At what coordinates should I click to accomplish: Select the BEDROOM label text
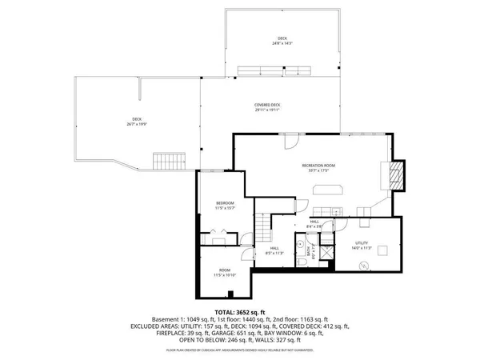click(225, 204)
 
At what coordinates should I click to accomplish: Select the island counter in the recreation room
click(328, 190)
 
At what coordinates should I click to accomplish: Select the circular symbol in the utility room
click(365, 265)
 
